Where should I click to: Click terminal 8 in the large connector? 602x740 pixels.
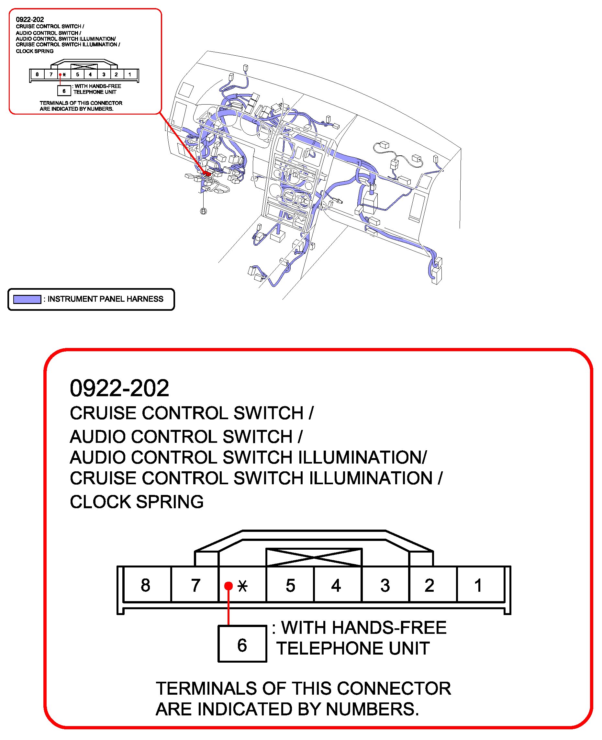coord(146,585)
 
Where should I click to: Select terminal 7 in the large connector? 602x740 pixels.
coord(195,585)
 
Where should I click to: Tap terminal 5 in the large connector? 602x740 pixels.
coord(290,585)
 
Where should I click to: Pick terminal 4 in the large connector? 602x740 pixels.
coord(336,585)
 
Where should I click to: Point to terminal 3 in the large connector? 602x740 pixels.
coord(385,585)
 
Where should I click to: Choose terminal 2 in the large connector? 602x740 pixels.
coord(429,585)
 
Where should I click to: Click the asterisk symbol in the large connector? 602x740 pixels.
coord(242,586)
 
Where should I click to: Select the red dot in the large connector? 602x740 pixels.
coord(228,586)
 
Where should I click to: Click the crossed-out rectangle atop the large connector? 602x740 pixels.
coord(314,557)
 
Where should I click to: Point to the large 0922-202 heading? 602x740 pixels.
coord(119,388)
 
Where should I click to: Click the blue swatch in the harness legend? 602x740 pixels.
coord(27,299)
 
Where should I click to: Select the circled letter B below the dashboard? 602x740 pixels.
coord(204,211)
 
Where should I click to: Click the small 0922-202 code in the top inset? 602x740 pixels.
coord(30,19)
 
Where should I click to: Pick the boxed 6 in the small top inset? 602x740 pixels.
coord(64,91)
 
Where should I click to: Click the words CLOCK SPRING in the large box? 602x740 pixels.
coord(137,502)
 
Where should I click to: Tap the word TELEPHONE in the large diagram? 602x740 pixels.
coord(330,648)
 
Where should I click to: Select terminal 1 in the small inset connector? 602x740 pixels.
coord(130,74)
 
